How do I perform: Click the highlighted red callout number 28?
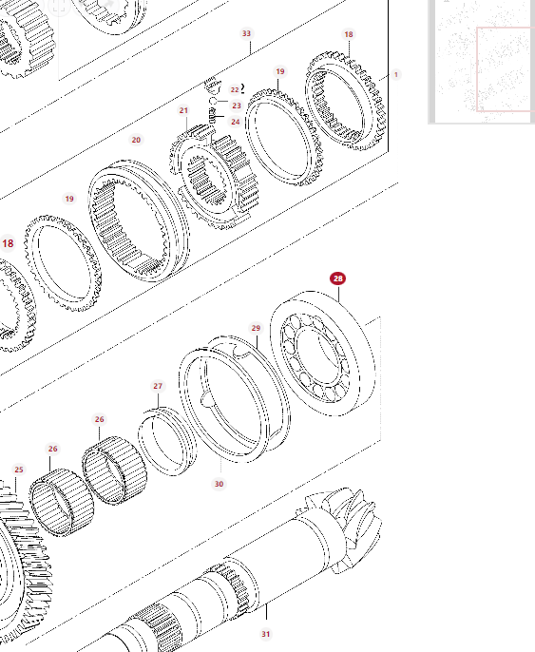(338, 278)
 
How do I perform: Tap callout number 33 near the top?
(246, 33)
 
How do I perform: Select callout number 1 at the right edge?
(395, 74)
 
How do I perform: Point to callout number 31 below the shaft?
(266, 634)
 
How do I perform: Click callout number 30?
(220, 484)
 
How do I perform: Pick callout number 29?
(256, 328)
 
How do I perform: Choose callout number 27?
(158, 386)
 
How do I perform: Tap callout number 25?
(19, 470)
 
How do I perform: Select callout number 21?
(183, 110)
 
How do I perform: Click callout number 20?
(136, 140)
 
